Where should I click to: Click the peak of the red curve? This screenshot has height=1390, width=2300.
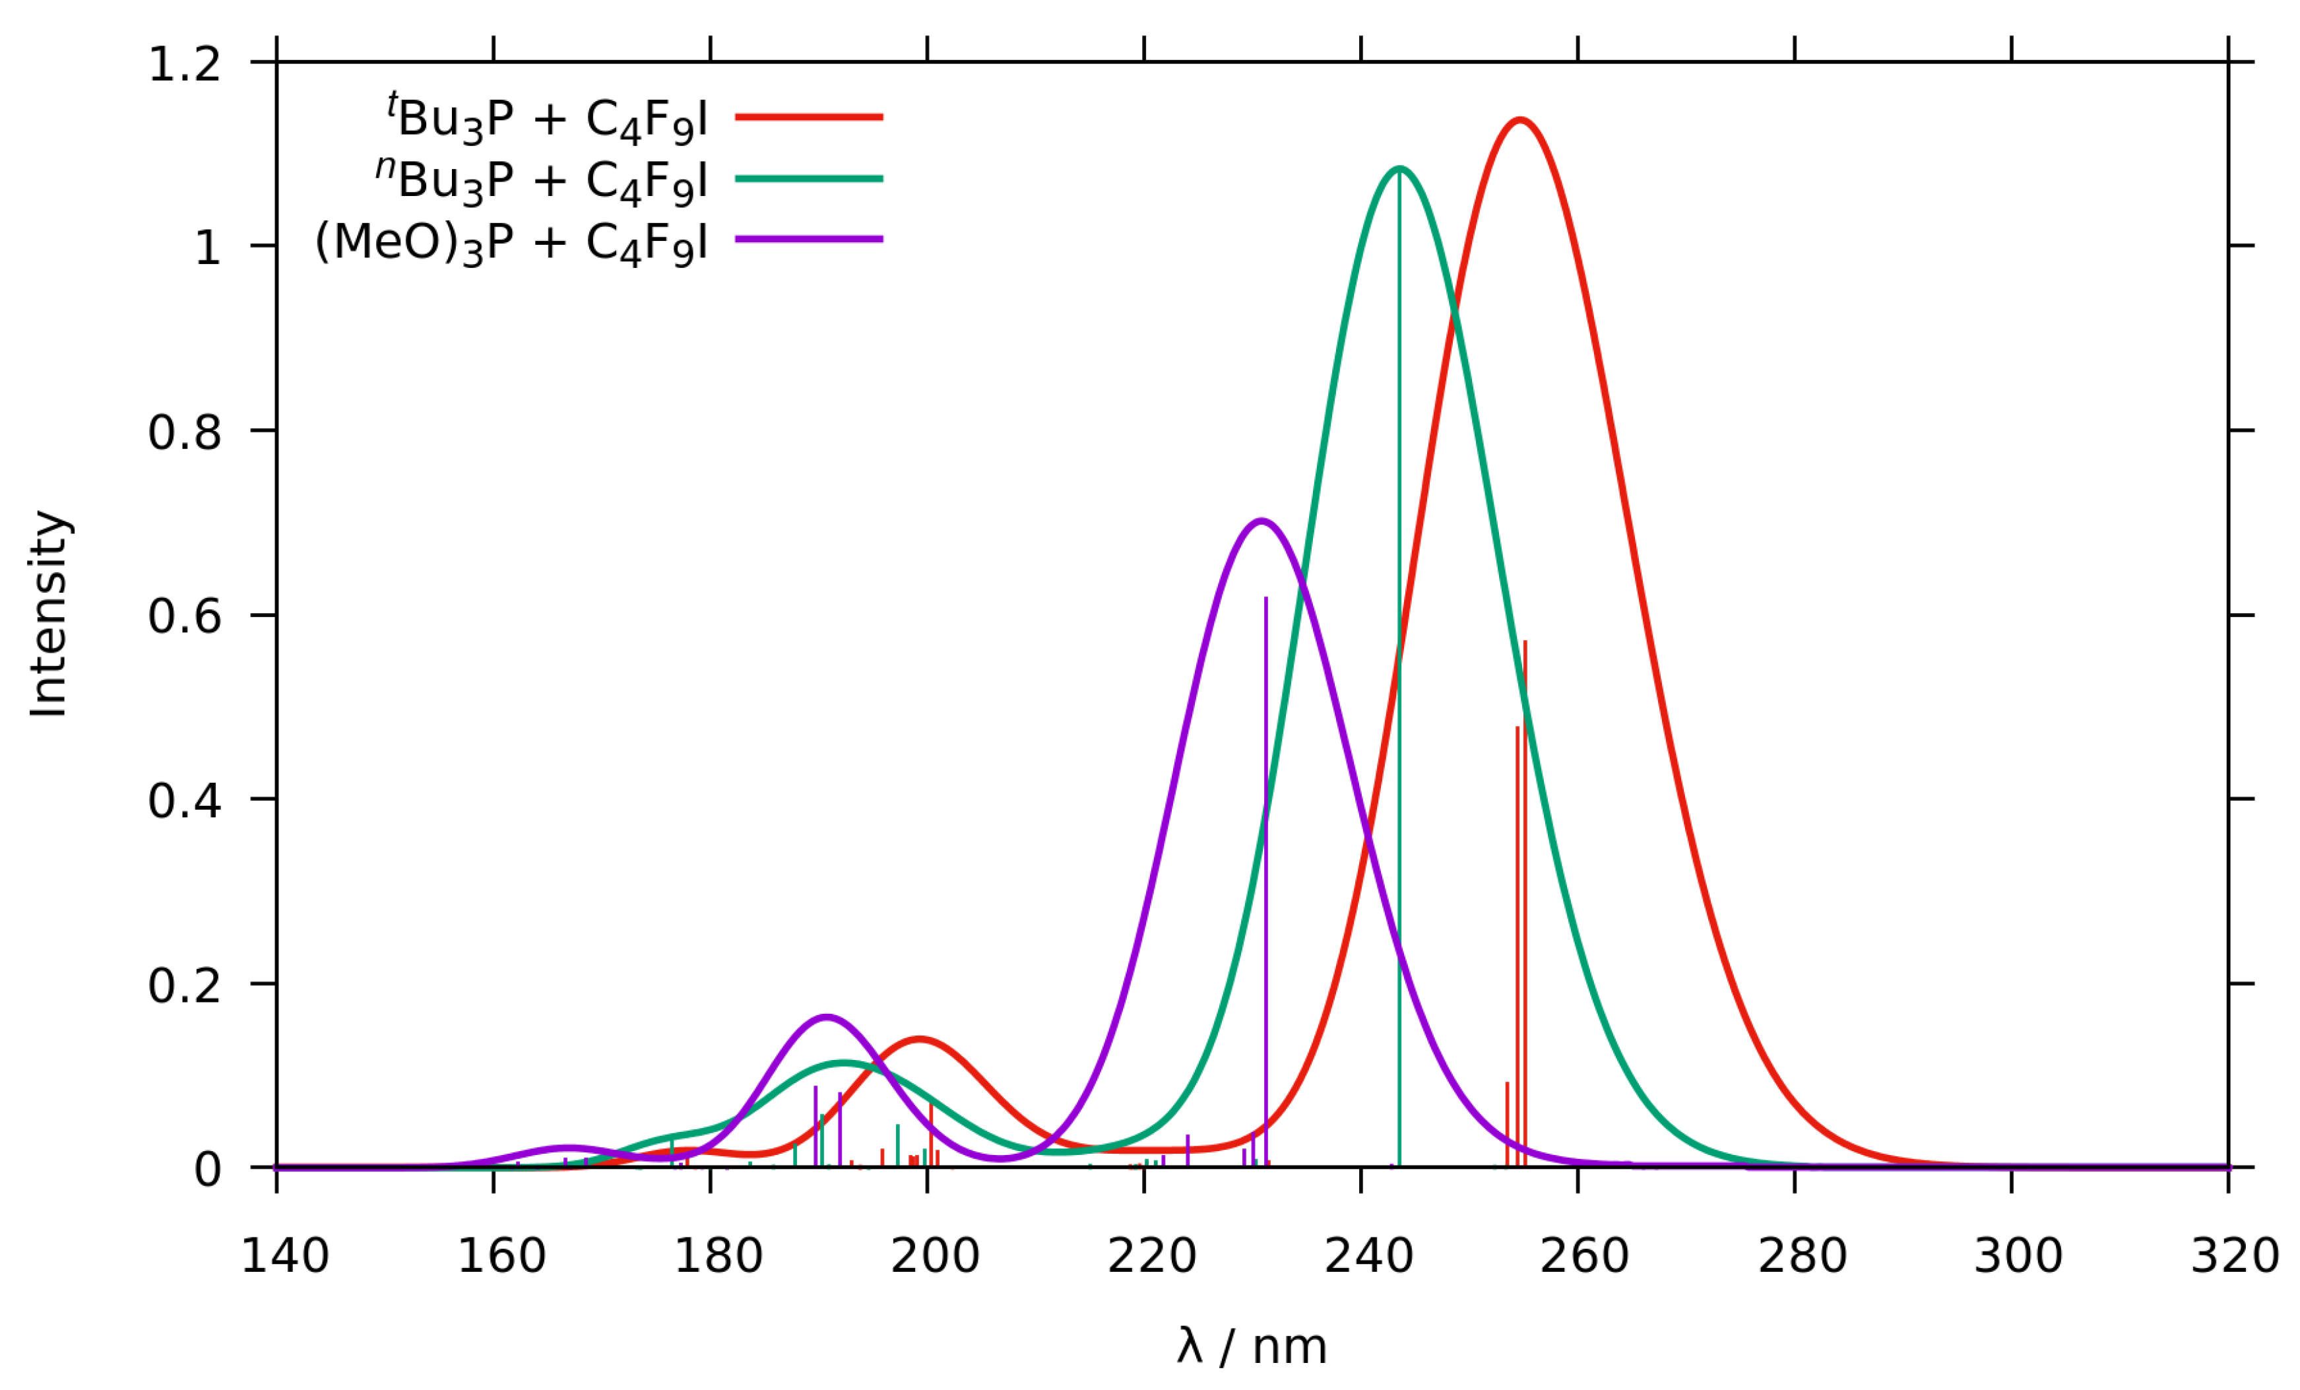tap(1521, 120)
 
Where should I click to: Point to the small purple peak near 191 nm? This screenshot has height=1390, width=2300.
tap(826, 1016)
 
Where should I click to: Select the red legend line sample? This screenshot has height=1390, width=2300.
tap(810, 117)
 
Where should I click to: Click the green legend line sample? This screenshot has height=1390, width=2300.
tap(810, 178)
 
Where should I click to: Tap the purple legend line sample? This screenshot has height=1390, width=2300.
tap(810, 240)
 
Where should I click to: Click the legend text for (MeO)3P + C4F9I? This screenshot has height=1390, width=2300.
tap(511, 243)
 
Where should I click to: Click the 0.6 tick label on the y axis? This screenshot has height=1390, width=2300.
tap(185, 616)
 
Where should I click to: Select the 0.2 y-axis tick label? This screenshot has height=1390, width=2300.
tap(185, 985)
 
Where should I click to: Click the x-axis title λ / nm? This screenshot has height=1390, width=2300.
tap(1252, 1347)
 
